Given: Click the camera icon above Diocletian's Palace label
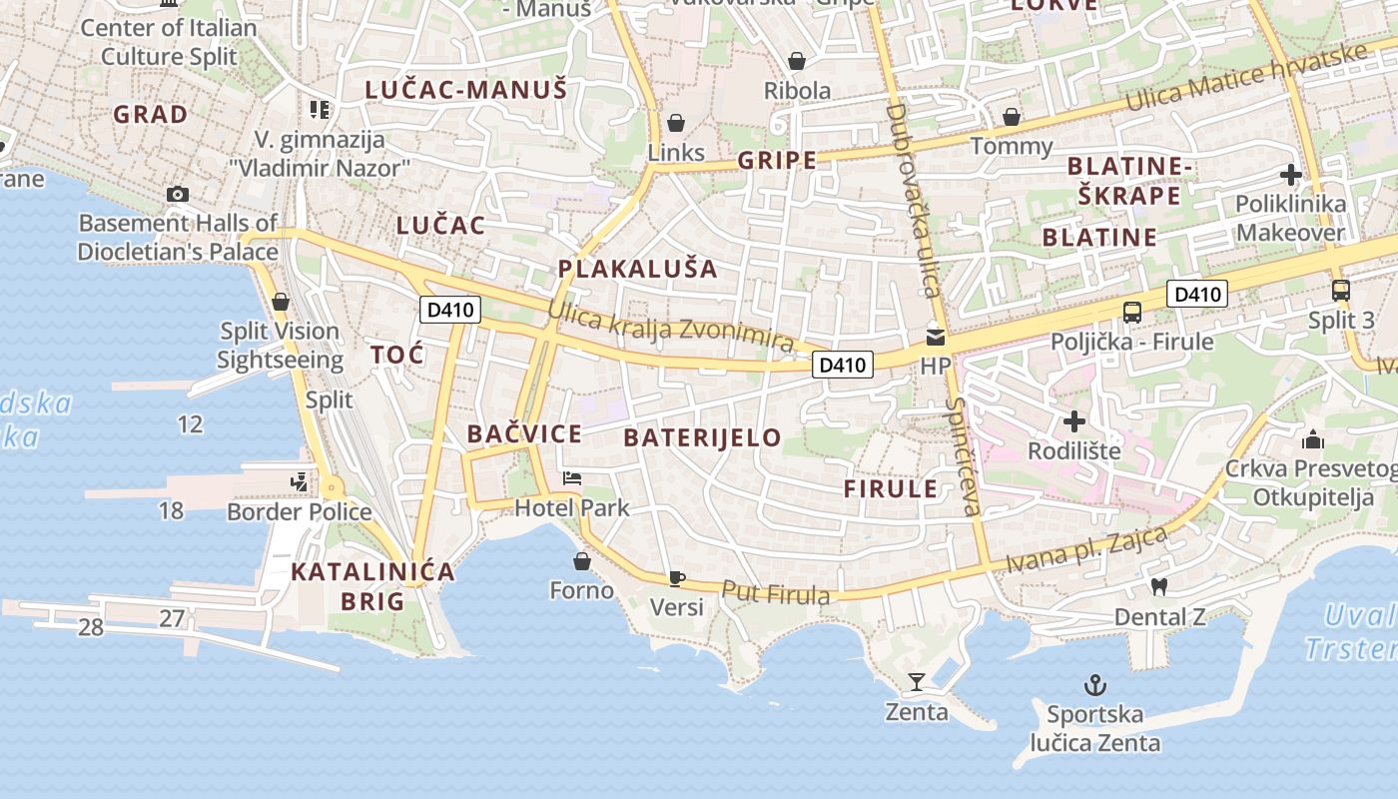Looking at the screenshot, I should [178, 194].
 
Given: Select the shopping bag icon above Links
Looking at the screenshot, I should [676, 123].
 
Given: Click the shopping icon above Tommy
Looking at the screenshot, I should [1012, 117].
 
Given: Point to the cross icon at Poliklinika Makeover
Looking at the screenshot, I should [1290, 175].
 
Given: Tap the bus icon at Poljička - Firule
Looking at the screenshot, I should [1131, 312].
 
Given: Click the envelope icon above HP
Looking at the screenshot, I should [936, 337].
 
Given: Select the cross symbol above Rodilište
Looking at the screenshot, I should [1074, 421].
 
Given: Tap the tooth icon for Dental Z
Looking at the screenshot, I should [1159, 586].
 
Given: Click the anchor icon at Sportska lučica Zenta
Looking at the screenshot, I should [1095, 685].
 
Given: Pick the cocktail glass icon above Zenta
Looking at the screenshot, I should [917, 682].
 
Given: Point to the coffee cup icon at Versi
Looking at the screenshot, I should [676, 578].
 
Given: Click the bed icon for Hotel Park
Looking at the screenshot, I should [572, 477].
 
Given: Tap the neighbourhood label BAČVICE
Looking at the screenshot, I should [524, 433].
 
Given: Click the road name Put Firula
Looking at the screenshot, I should [775, 593].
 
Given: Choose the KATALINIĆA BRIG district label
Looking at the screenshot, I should [372, 586].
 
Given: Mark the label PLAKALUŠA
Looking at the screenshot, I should [637, 269].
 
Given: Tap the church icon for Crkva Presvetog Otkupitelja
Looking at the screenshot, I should [1312, 439].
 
